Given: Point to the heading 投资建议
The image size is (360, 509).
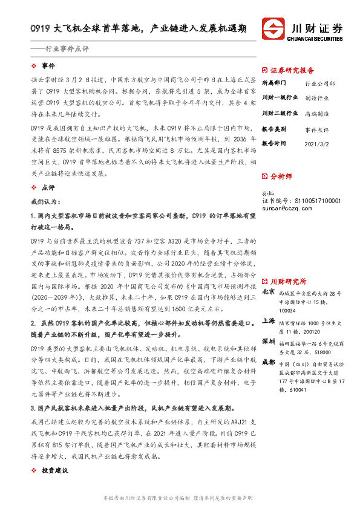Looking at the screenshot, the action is point(54,470).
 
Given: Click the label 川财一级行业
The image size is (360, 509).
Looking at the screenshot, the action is point(280,97).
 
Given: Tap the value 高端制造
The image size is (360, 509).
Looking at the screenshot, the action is point(317,113).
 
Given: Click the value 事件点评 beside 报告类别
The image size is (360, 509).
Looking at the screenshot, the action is point(317,129).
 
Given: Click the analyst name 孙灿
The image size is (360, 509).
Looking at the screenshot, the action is point(267,193).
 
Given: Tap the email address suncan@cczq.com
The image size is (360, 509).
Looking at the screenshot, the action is point(286,208).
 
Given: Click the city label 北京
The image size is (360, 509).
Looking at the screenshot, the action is point(267,275).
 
